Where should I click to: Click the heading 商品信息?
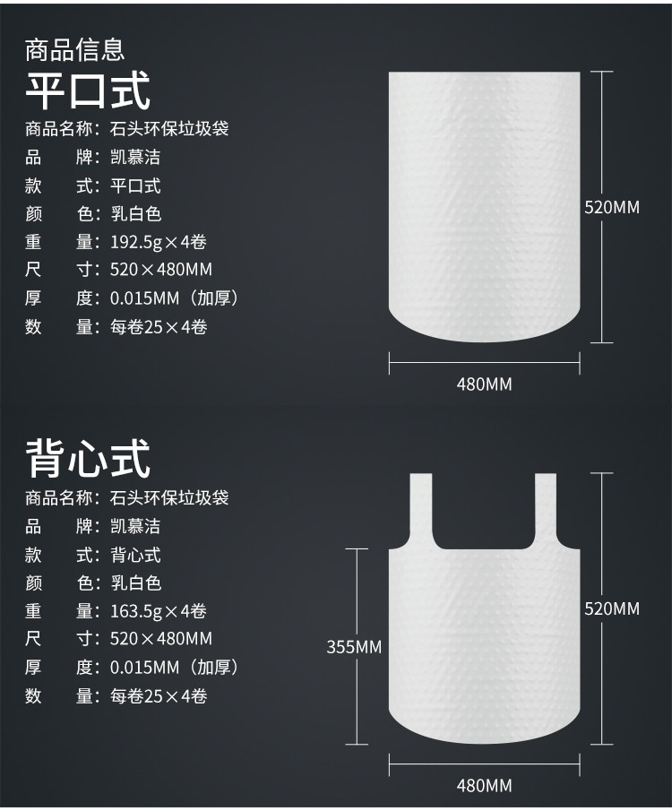coord(74,48)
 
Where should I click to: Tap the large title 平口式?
coord(88,90)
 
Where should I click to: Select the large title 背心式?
coord(88,458)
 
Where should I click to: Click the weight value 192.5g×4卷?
coord(159,242)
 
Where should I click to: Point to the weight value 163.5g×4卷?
coord(159,611)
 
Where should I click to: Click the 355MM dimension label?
coord(354,646)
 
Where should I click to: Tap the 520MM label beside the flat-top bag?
coord(612,207)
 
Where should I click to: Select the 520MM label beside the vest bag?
coord(612,608)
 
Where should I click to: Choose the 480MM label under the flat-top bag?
coord(485,384)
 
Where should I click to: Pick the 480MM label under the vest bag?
coord(485,786)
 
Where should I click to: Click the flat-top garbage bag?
coord(484,206)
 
